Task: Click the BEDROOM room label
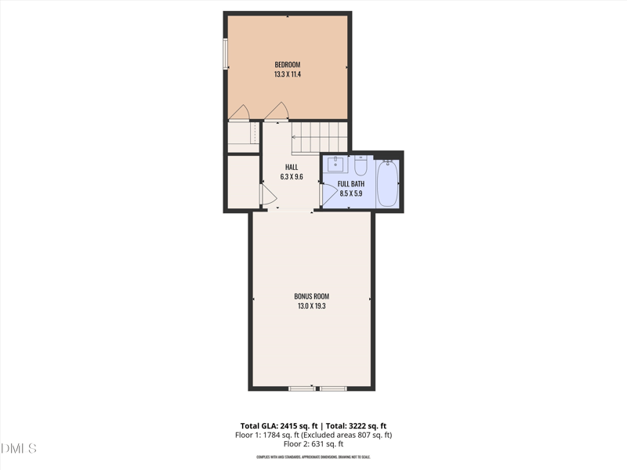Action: pyautogui.click(x=287, y=64)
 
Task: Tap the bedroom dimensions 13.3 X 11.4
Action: pyautogui.click(x=287, y=74)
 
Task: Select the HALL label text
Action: pyautogui.click(x=292, y=167)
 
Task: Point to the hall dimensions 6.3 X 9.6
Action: pyautogui.click(x=292, y=177)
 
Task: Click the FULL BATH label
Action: pyautogui.click(x=350, y=183)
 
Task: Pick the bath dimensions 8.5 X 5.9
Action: pyautogui.click(x=350, y=193)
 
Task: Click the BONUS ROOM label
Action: pyautogui.click(x=312, y=296)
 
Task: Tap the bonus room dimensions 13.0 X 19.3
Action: pyautogui.click(x=312, y=306)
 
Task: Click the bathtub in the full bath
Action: pyautogui.click(x=387, y=183)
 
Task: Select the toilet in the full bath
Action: pyautogui.click(x=361, y=165)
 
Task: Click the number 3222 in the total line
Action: pyautogui.click(x=352, y=425)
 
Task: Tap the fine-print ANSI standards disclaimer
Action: pyautogui.click(x=313, y=457)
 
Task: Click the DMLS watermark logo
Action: pyautogui.click(x=19, y=449)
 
